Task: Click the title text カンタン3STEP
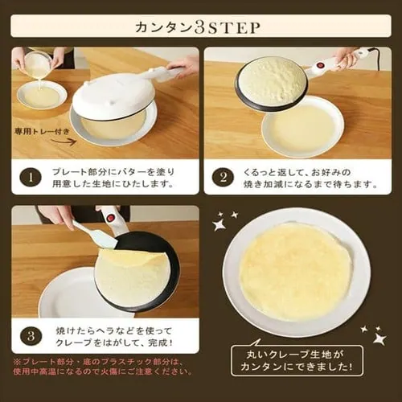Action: click(201, 27)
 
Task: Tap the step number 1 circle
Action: click(30, 177)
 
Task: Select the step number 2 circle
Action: click(222, 177)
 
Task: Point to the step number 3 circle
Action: click(30, 335)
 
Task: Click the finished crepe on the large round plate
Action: click(295, 270)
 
